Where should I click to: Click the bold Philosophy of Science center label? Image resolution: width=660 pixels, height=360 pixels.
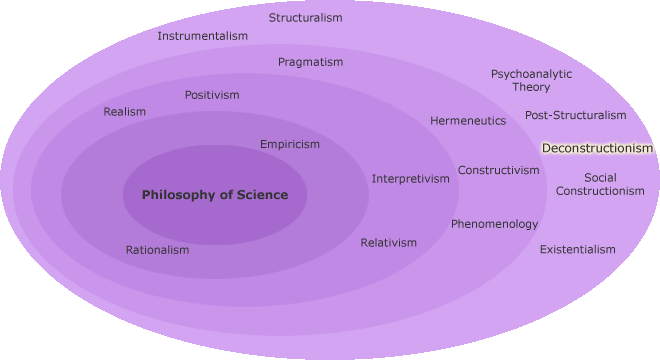point(215,195)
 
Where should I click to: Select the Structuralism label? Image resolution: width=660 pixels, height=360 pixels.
point(306,18)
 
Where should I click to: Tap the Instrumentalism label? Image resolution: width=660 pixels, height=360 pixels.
point(202,36)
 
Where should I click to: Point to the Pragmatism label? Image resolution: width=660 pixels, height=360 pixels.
point(310,62)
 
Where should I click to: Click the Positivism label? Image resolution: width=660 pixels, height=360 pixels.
point(212,95)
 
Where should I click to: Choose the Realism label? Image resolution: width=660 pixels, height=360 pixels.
point(124,112)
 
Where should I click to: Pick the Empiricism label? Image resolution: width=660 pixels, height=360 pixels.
point(290,144)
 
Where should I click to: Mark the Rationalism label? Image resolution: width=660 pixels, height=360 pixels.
point(157,250)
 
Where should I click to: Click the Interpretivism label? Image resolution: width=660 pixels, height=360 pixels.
point(411,179)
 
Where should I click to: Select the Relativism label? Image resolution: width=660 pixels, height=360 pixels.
point(389,243)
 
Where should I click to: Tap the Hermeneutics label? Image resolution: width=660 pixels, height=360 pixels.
point(468,121)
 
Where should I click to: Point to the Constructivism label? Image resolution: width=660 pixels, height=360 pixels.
point(499,170)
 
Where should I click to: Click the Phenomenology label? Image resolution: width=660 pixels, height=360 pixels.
point(494,224)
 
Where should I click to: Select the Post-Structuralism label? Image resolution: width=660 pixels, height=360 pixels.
point(576,115)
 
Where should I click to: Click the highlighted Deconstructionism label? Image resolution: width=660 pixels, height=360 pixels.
point(597,148)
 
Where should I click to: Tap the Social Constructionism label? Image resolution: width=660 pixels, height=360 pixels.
point(600,184)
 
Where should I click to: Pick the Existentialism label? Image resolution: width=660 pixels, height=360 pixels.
point(578,249)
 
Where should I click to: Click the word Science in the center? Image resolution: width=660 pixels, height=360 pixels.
point(255,195)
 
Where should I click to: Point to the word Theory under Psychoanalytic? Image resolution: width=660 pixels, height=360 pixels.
point(531,87)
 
